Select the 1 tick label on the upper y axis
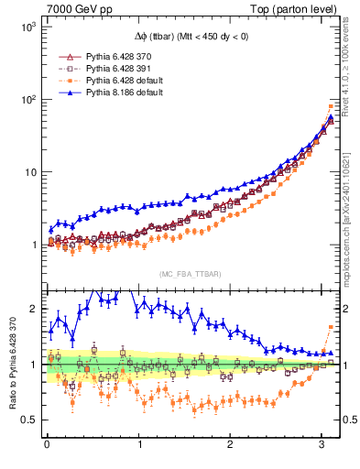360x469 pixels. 31,245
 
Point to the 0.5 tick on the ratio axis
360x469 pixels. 28,420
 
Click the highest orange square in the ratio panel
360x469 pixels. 331,327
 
